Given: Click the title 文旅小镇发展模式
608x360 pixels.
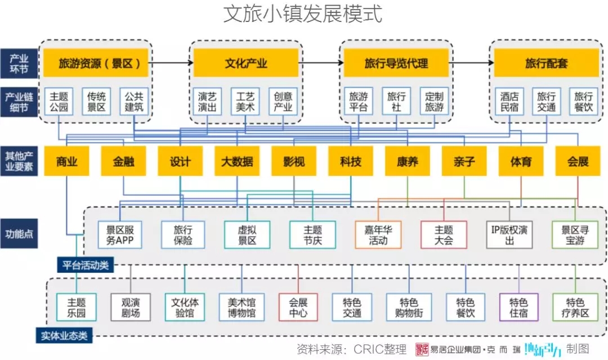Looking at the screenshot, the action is [303, 14].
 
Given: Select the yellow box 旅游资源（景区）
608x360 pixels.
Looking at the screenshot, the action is [96, 63].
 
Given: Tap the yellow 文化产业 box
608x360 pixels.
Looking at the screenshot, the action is [246, 63].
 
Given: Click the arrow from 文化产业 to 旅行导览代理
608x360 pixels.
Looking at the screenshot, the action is [321, 63].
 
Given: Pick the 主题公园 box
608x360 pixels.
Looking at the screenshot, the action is [59, 101].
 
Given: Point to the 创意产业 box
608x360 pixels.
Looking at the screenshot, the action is [283, 101].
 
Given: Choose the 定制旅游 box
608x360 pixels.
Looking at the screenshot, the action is [434, 101].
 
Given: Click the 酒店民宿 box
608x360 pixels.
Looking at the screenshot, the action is [509, 101].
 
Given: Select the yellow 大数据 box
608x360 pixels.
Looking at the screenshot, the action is [237, 161].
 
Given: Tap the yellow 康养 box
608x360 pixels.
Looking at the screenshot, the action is [408, 161].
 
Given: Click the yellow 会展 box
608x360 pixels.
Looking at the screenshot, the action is [578, 161].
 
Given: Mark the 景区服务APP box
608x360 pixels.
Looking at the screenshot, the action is [120, 235].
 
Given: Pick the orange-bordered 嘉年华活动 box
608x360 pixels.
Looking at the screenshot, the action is [378, 235].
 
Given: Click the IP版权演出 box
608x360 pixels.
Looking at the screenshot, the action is [509, 235].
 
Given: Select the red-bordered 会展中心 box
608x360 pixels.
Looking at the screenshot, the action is [298, 307].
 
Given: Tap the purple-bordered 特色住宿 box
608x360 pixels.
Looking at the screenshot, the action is [519, 307].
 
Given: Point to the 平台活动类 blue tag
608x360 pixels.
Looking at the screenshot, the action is [86, 265].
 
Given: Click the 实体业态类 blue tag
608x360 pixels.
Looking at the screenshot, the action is [64, 336].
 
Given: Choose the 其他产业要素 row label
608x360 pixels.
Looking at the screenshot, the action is [19, 161].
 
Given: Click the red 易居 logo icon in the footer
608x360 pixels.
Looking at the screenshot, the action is [422, 349].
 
